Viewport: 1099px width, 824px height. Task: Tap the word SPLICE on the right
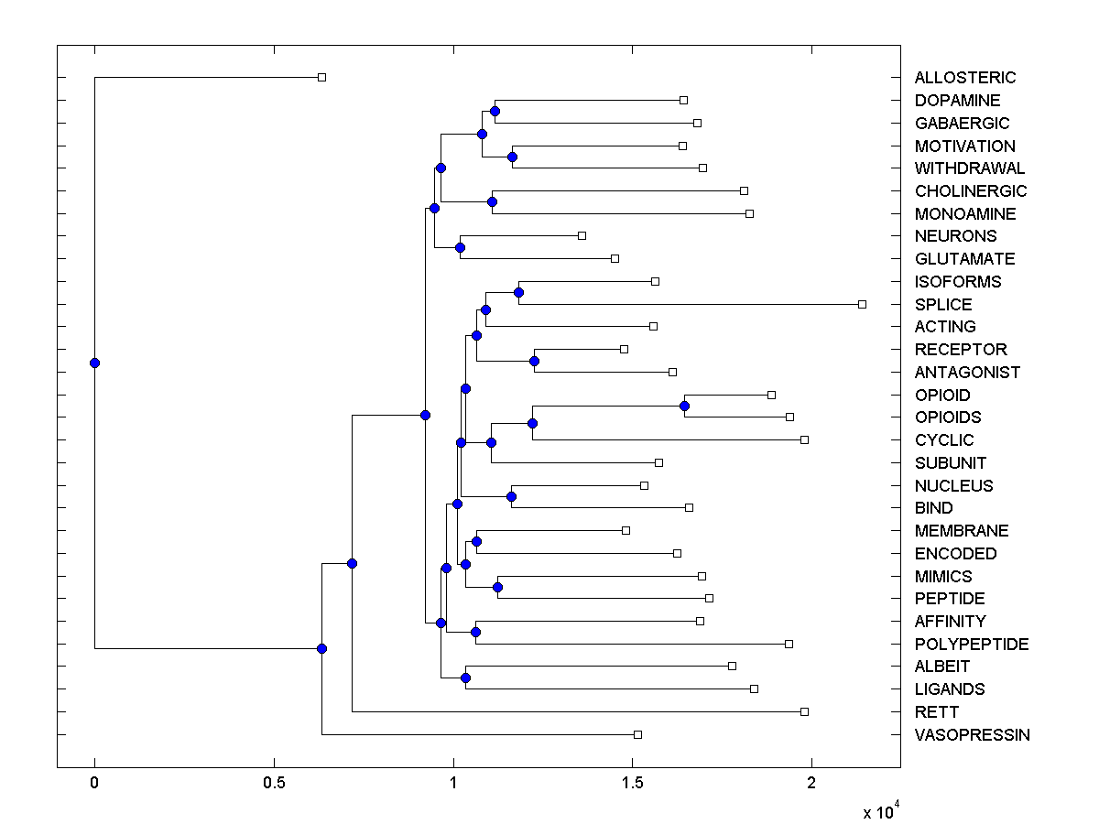pyautogui.click(x=943, y=304)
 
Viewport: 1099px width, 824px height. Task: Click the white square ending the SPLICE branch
pyautogui.click(x=862, y=304)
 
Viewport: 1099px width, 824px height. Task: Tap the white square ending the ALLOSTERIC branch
pyautogui.click(x=321, y=77)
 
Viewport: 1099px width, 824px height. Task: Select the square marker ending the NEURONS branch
pyautogui.click(x=582, y=236)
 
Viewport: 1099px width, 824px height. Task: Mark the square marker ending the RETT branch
pyautogui.click(x=804, y=711)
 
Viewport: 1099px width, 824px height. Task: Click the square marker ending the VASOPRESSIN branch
pyautogui.click(x=637, y=734)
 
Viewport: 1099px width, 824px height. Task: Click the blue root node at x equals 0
pyautogui.click(x=94, y=363)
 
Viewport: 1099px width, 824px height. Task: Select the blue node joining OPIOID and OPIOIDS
pyautogui.click(x=684, y=406)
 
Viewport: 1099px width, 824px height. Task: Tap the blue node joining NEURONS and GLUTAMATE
pyautogui.click(x=460, y=247)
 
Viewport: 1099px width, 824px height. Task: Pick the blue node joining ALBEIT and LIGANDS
pyautogui.click(x=465, y=678)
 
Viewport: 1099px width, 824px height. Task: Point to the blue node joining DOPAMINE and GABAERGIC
pyautogui.click(x=495, y=111)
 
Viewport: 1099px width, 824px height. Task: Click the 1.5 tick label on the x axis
pyautogui.click(x=631, y=785)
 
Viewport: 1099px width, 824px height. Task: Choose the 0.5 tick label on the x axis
pyautogui.click(x=273, y=785)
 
